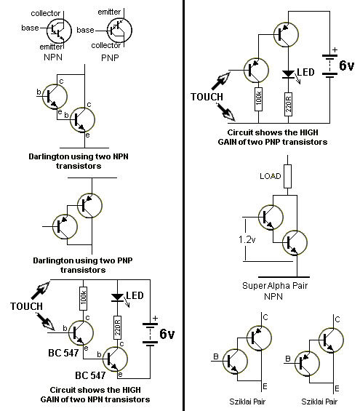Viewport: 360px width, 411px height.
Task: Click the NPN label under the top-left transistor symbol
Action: [53, 57]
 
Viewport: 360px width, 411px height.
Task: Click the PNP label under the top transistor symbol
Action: [110, 57]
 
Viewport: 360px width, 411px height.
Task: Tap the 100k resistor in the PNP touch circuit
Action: [259, 99]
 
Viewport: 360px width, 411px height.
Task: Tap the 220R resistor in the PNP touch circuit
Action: [288, 104]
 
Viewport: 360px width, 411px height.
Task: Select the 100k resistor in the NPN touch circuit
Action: [84, 298]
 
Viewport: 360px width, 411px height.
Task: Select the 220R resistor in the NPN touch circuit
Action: [117, 327]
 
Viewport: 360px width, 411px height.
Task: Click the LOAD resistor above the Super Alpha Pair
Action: [288, 177]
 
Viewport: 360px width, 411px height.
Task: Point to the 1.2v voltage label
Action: [247, 239]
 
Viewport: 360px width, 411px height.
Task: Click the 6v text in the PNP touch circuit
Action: [347, 65]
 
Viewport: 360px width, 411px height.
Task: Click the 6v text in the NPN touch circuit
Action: [167, 334]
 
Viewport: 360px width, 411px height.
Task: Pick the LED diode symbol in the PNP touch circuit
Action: [288, 73]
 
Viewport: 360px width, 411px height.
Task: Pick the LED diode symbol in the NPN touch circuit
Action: [117, 298]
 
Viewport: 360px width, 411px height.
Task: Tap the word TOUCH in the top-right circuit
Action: [207, 97]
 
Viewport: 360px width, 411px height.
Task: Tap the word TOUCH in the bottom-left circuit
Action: [26, 306]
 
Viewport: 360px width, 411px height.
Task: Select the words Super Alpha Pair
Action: [275, 285]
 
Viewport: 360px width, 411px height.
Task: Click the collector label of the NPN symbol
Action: [46, 13]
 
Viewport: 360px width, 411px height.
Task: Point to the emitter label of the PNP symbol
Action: [109, 12]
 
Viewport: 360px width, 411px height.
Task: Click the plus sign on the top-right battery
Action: [335, 49]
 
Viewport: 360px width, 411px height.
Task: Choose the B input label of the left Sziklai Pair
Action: [216, 356]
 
